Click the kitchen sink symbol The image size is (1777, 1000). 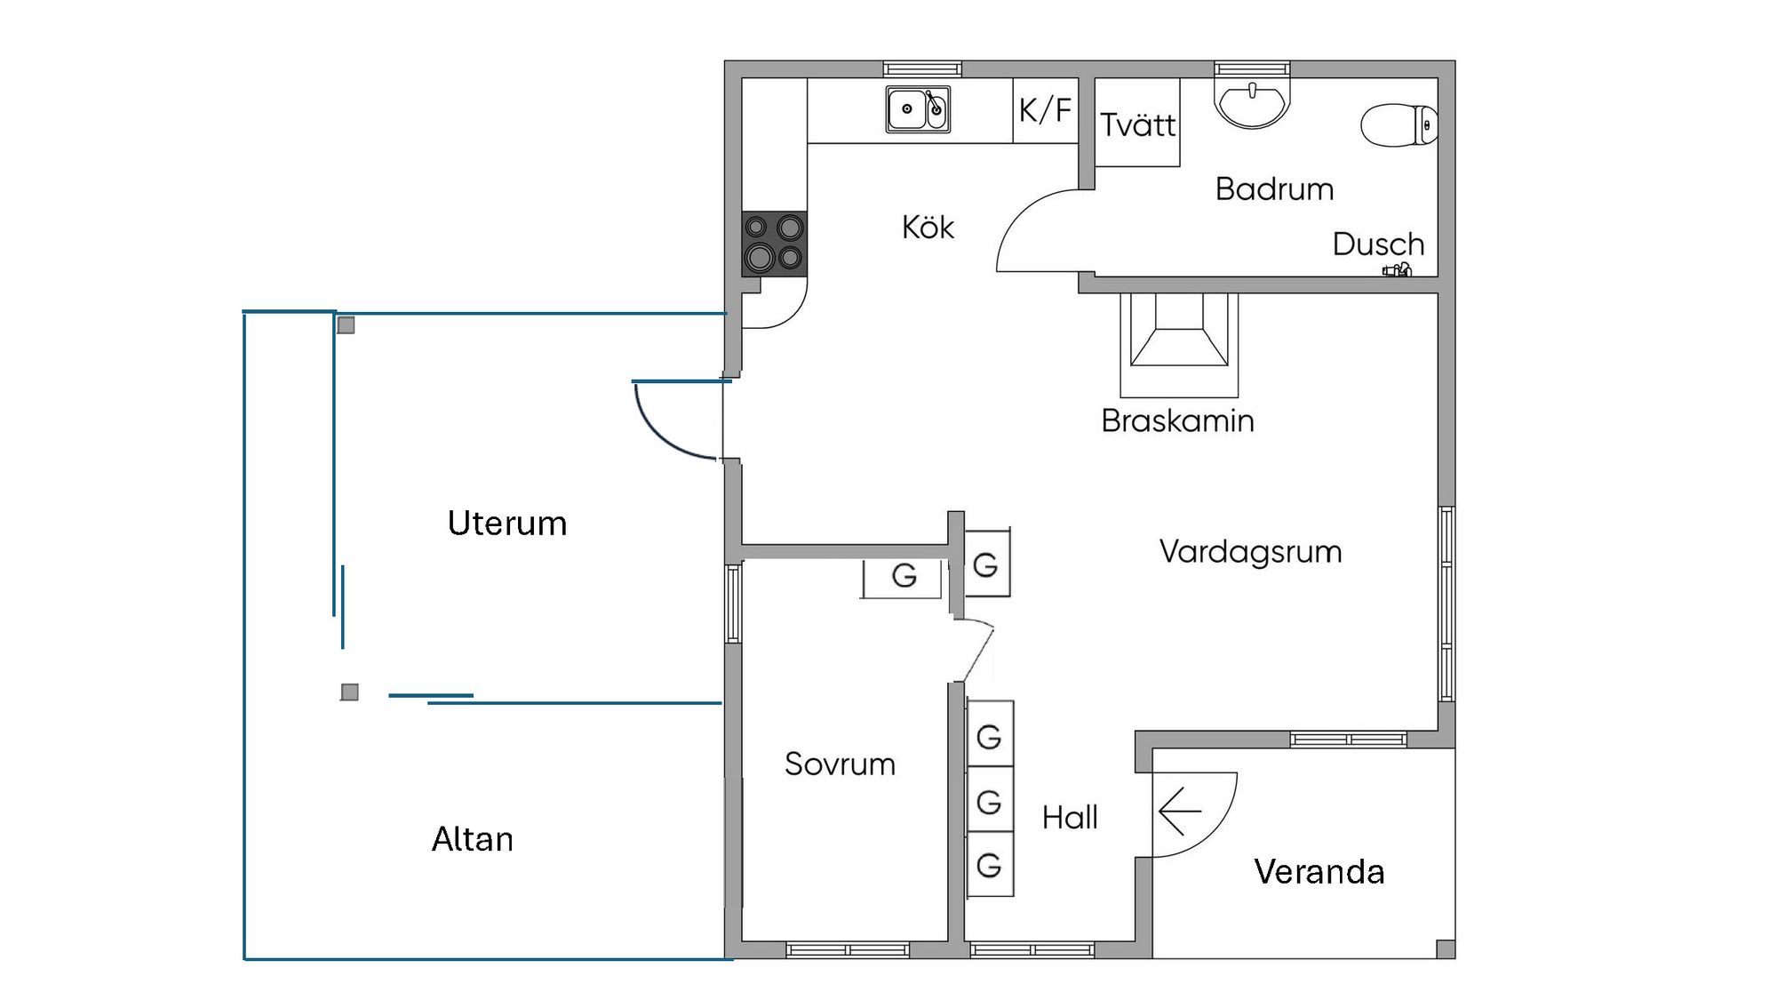pos(918,109)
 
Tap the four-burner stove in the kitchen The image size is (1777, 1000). pos(774,244)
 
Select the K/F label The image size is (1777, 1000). pos(1045,110)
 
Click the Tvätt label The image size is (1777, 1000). pos(1137,124)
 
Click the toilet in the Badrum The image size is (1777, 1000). pos(1398,125)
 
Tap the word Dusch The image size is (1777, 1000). pos(1378,244)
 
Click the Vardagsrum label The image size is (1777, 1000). pos(1250,551)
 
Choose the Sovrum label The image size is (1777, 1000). pos(840,764)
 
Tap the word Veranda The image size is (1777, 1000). pos(1319,871)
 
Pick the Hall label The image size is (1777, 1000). pos(1070,817)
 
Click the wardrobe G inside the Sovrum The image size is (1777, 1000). pos(904,576)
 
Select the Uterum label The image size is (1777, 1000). pos(507,523)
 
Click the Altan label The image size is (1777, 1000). pos(473,839)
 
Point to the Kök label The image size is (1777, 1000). pos(928,228)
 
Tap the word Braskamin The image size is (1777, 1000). pos(1177,420)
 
